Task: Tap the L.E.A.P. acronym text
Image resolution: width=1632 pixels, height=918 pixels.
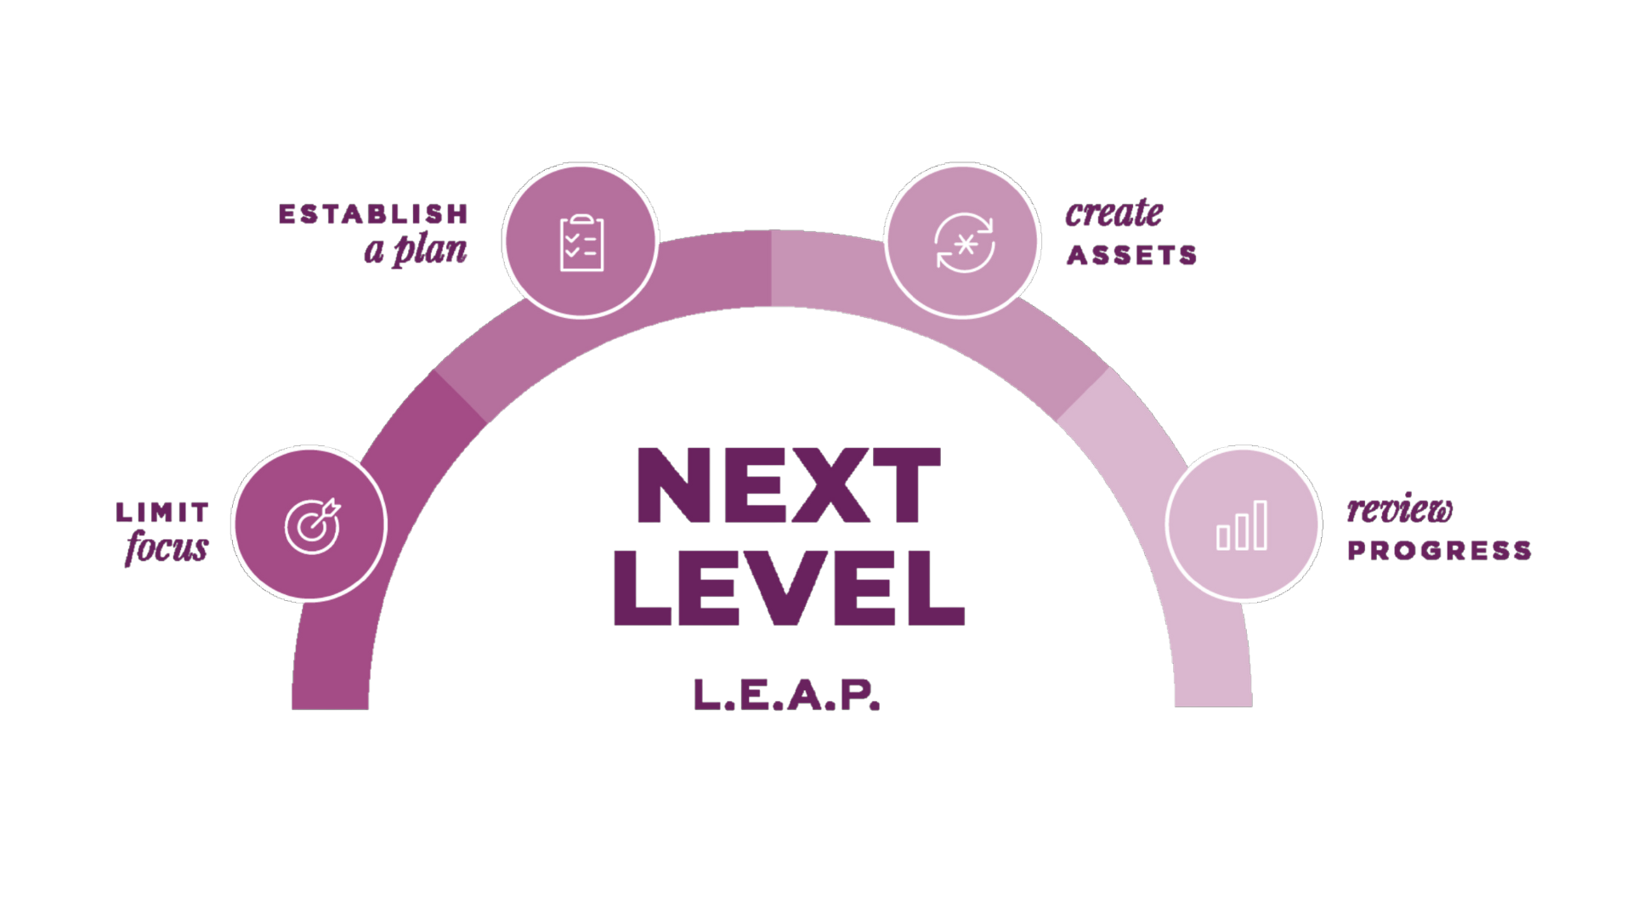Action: (786, 695)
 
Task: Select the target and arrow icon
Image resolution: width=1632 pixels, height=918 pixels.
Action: (311, 523)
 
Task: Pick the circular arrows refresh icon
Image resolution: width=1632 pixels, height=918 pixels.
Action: (963, 242)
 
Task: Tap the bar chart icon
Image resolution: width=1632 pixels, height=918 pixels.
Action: (1242, 524)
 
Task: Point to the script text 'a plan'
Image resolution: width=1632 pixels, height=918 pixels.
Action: (416, 252)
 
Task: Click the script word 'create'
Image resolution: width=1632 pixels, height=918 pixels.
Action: (1113, 212)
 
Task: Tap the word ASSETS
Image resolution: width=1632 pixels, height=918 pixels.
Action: (1131, 254)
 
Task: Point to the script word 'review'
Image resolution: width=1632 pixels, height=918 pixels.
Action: (1399, 510)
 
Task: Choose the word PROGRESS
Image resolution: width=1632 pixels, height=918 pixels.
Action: (1439, 550)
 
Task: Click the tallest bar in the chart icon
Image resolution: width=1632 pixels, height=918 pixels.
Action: (1259, 524)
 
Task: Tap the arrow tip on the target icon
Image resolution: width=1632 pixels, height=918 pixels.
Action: (332, 505)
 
